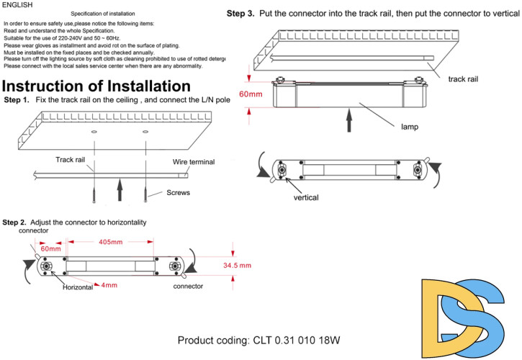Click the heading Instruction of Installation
click(x=96, y=86)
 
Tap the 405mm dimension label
click(x=110, y=243)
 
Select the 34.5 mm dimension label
click(x=236, y=266)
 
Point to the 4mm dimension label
click(x=109, y=286)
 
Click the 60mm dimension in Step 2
click(x=50, y=248)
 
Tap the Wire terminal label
click(x=193, y=162)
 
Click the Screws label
click(x=178, y=193)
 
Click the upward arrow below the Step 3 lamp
click(x=351, y=120)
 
